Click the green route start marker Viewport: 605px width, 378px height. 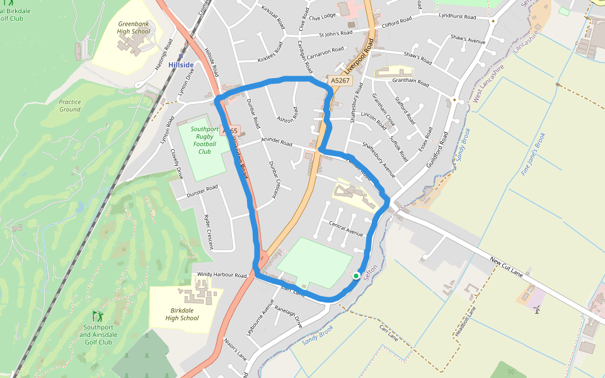point(356,276)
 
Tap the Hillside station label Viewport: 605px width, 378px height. point(180,65)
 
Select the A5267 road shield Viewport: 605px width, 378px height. point(340,81)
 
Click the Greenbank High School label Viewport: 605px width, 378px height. point(134,28)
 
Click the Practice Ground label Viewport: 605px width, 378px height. point(70,105)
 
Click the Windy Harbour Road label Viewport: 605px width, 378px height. point(222,275)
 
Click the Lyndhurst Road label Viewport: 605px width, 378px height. point(460,14)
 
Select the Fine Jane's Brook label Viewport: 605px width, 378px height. point(533,154)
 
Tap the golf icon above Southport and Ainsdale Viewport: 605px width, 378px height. point(97,315)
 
